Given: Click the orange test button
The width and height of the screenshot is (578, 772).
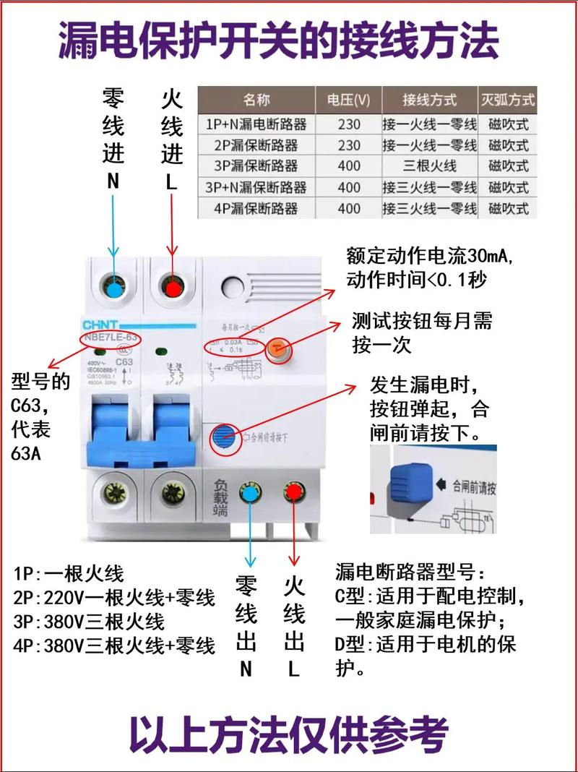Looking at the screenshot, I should click(x=278, y=351).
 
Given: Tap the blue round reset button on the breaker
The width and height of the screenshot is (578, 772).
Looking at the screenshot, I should click(x=224, y=439).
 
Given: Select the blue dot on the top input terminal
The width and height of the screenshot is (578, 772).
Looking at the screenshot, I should click(x=114, y=287).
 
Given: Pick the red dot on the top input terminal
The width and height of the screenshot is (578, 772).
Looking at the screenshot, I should click(x=172, y=288).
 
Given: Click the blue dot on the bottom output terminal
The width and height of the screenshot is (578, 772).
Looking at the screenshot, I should click(x=250, y=493).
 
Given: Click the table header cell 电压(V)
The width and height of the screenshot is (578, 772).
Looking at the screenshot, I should click(x=348, y=99).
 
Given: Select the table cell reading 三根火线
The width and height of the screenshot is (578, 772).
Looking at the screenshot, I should click(x=430, y=166).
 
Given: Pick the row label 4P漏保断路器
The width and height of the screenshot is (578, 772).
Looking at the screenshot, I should click(x=256, y=208).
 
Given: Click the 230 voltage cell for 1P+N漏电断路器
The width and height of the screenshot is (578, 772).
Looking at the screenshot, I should click(x=348, y=124).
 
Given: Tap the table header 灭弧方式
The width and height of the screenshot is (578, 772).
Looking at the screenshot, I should click(x=508, y=99).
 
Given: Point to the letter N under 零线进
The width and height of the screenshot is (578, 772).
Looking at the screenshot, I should click(x=113, y=182).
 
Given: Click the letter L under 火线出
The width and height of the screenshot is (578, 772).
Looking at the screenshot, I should click(x=294, y=669).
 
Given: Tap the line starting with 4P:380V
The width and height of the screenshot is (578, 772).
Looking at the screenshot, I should click(x=114, y=645).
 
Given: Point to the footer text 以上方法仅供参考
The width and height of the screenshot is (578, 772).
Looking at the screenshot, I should click(x=289, y=734).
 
